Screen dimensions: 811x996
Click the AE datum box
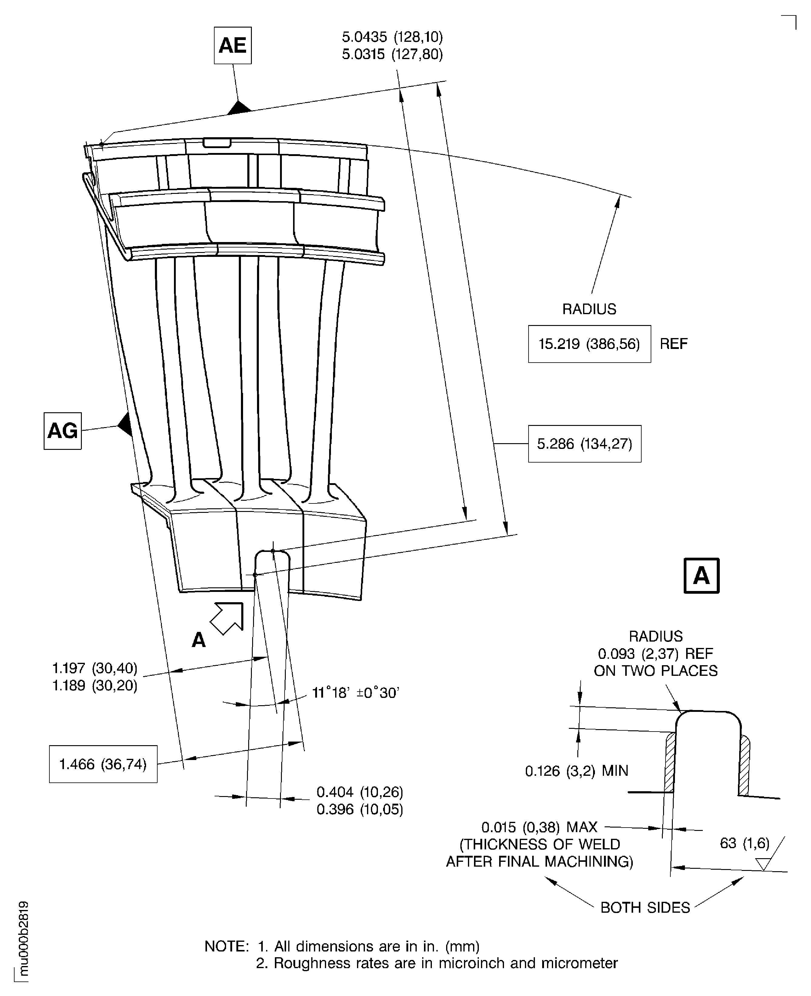point(233,45)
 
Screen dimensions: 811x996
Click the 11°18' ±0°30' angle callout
point(355,692)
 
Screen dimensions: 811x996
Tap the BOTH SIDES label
point(645,907)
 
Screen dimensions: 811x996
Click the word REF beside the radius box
point(674,344)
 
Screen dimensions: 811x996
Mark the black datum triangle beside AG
point(125,424)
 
